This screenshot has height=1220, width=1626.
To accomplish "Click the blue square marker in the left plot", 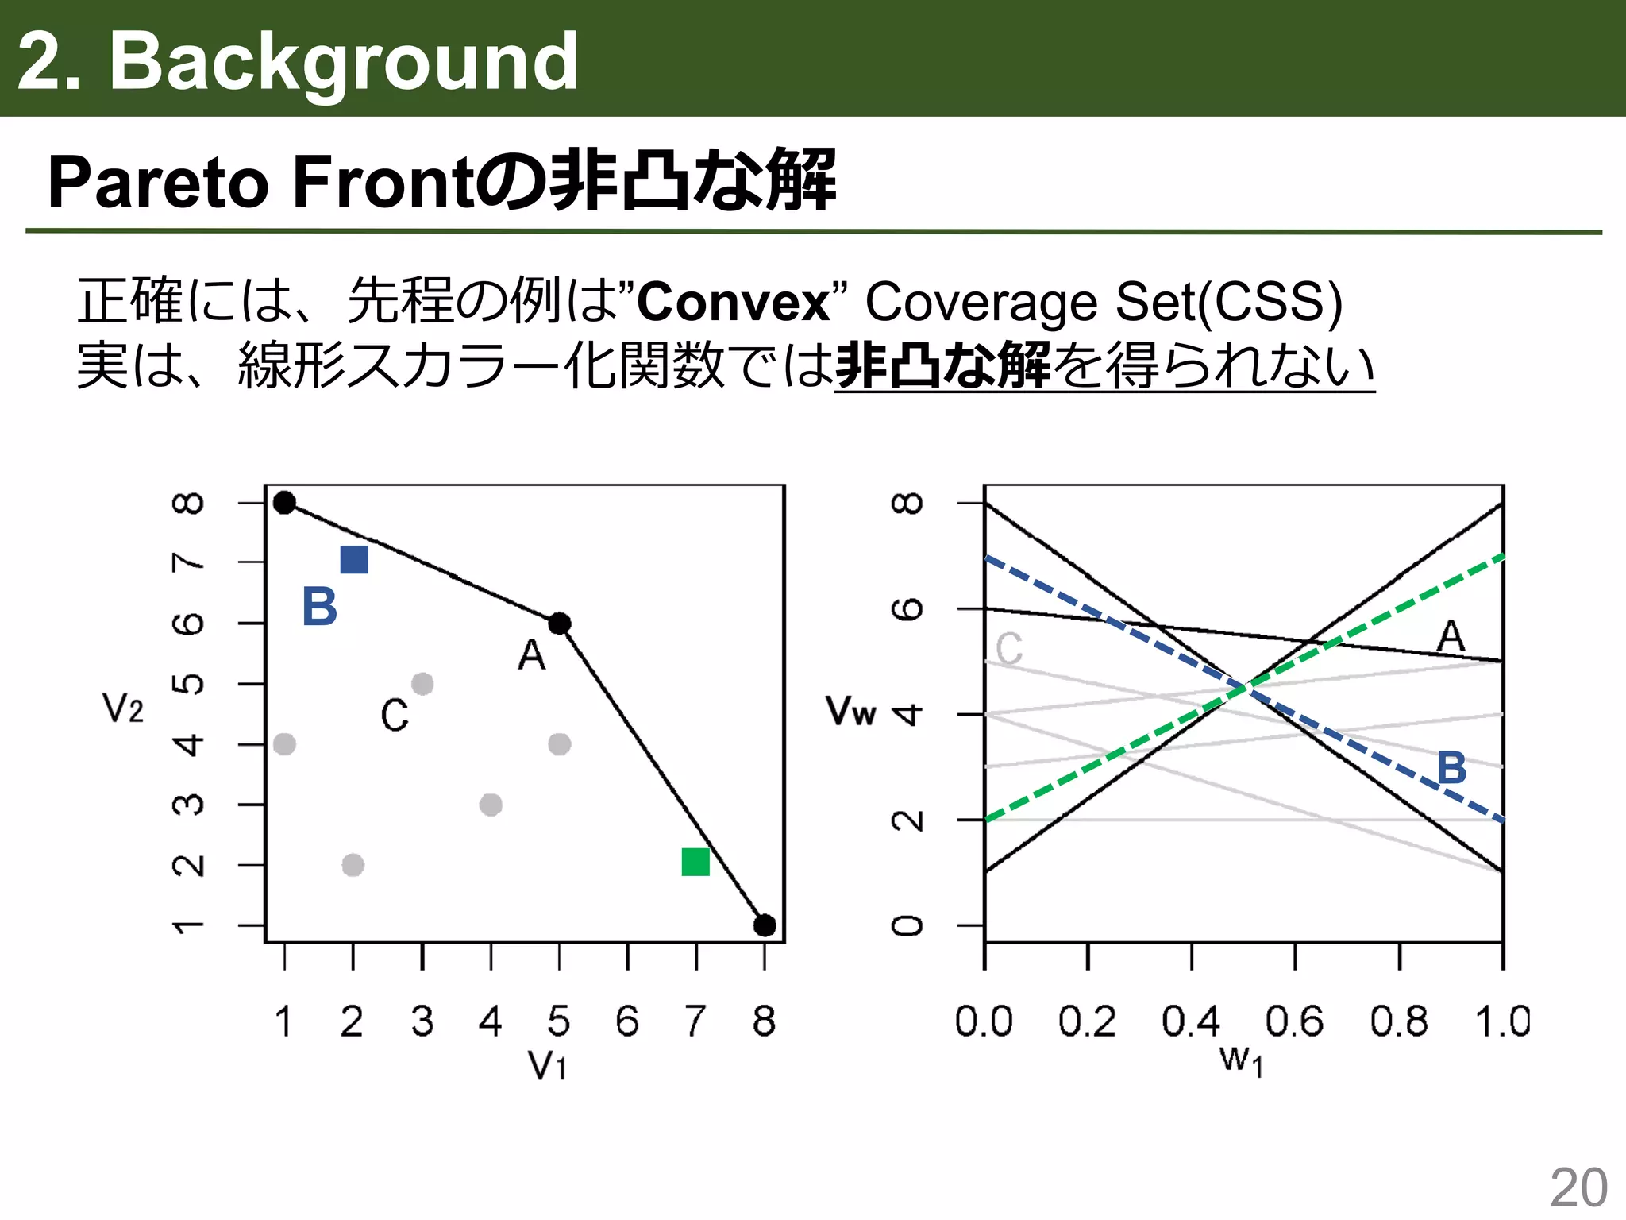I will click(354, 560).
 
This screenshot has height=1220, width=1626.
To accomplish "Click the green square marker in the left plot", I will click(695, 862).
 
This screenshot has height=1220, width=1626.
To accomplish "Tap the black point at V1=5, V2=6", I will click(560, 624).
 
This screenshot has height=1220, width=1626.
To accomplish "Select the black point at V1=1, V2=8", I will click(284, 503).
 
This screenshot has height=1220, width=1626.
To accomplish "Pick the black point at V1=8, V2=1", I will click(765, 925).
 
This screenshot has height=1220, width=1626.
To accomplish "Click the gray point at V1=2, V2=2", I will click(353, 865).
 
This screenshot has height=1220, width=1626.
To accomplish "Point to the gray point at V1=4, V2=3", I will click(491, 805).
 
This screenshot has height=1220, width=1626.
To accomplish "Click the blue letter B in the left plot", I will click(320, 608).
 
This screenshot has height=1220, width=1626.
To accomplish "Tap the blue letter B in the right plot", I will click(1452, 768).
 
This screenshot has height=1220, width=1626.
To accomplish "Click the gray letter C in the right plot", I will click(1009, 649).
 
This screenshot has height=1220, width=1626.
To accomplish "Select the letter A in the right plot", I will click(1451, 636).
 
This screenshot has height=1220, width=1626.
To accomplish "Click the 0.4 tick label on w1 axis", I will click(1191, 1021).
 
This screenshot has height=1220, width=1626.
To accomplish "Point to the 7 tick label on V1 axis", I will click(695, 1021).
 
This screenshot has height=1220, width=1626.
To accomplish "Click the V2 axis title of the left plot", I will click(123, 708).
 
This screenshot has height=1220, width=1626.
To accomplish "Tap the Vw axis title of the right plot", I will click(850, 710).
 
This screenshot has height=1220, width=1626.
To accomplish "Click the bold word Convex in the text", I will click(733, 303).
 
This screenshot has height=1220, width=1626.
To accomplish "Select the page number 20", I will click(1578, 1188).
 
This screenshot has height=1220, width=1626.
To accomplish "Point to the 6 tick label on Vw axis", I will click(907, 609).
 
